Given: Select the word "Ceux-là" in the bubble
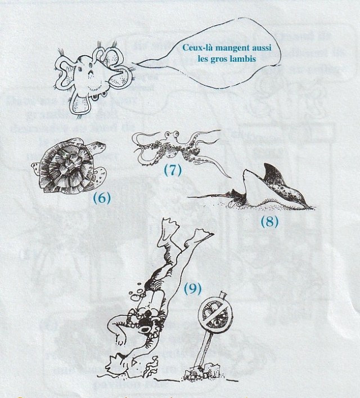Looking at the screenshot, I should coord(196,48).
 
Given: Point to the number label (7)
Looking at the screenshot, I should coord(172,171).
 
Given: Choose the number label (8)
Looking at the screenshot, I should coord(269,221).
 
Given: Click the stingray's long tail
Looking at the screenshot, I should coord(208,195).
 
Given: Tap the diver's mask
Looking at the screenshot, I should coord(150,321).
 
